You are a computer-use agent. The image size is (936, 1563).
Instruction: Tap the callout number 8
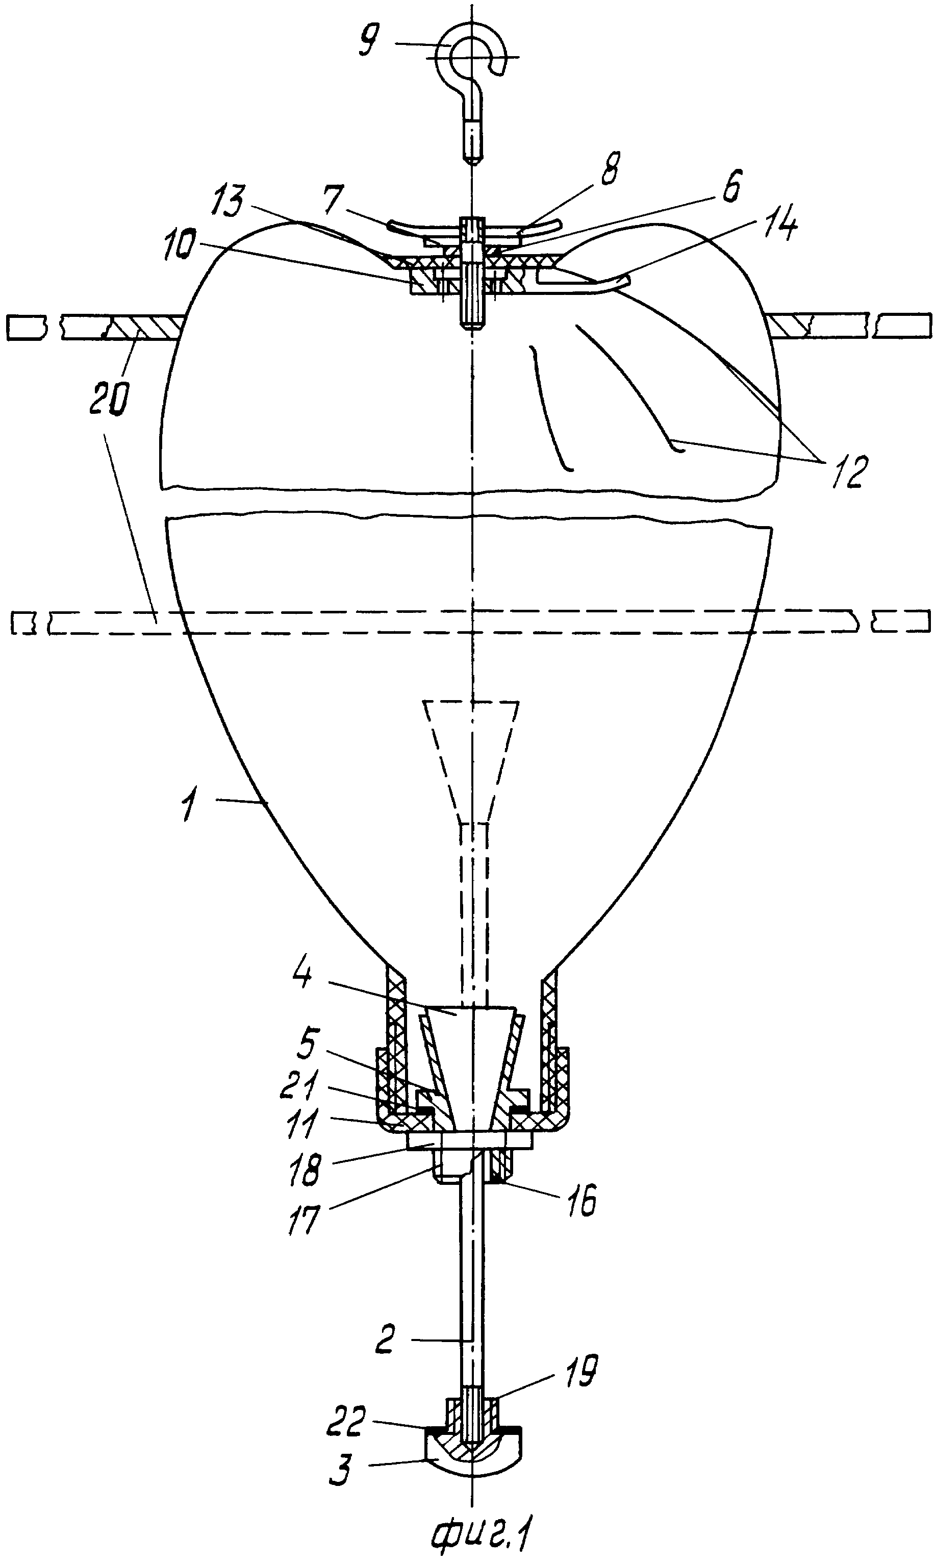[610, 168]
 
